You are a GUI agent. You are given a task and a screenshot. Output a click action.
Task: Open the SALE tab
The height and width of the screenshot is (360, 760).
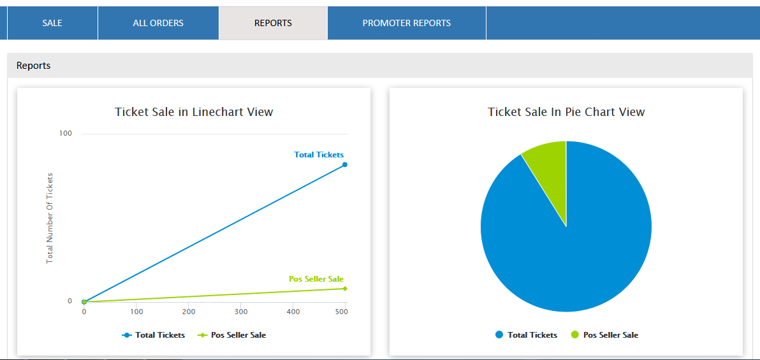tap(52, 23)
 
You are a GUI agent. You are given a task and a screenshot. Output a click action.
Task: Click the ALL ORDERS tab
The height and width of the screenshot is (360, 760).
tap(158, 23)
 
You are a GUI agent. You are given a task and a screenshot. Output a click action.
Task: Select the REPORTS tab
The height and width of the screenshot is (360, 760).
tap(273, 23)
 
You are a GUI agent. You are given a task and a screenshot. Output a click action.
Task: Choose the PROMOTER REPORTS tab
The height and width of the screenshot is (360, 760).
tap(407, 23)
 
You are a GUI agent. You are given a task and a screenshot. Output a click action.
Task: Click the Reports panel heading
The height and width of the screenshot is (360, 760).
tap(34, 66)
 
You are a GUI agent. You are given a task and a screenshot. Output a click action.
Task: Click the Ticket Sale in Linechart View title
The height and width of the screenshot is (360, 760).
tap(194, 112)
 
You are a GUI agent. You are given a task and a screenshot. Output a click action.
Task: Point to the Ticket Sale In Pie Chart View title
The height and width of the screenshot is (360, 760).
tap(566, 112)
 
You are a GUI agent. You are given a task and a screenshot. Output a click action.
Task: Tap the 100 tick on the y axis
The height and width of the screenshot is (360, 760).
tap(66, 133)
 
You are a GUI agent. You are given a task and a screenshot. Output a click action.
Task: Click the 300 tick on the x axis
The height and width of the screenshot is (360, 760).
tap(241, 312)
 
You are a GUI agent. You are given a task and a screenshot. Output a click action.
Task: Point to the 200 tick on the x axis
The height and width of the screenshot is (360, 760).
tap(189, 312)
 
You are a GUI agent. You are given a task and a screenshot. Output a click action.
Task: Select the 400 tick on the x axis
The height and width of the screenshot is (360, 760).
tap(293, 312)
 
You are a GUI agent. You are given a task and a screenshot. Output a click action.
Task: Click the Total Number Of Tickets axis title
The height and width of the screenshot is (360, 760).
tap(50, 218)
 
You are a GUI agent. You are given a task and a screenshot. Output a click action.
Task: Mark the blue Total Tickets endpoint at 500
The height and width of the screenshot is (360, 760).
tap(345, 164)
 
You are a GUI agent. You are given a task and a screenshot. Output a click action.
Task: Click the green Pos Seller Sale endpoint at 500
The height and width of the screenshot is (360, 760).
tap(345, 289)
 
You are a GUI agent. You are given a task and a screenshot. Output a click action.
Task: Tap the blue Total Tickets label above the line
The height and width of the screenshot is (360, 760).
tap(319, 155)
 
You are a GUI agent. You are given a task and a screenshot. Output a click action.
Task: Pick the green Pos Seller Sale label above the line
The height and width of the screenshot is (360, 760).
tap(316, 279)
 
